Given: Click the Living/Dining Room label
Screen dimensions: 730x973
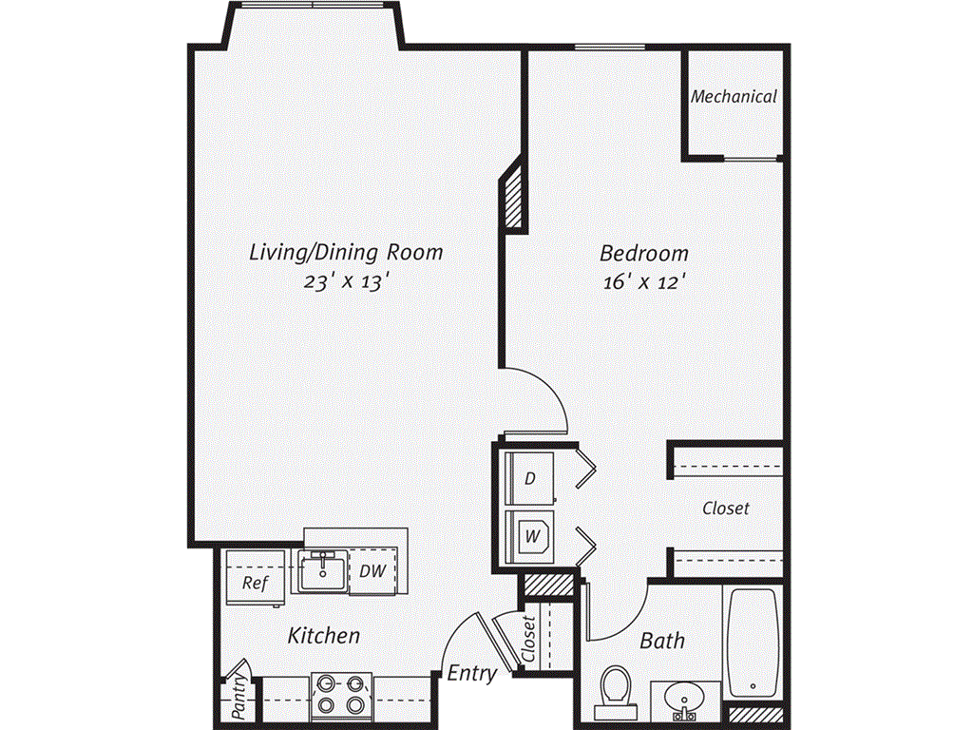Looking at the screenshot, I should (x=346, y=253).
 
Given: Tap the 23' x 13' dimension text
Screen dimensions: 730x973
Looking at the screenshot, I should (x=346, y=282).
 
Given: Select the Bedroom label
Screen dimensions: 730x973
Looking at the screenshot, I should (x=643, y=254).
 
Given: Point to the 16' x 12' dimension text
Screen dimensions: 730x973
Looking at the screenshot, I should (x=643, y=282).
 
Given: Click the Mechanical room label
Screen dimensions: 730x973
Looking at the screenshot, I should (x=734, y=96).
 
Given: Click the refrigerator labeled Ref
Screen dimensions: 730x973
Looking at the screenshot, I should (x=254, y=581).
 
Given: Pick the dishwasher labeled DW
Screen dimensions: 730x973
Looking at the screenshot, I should (x=371, y=571).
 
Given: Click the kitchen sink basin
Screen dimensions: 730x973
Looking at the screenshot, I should (x=323, y=572).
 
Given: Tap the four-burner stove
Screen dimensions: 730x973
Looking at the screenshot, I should (x=341, y=695).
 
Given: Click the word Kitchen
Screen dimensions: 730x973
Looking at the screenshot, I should (x=324, y=635).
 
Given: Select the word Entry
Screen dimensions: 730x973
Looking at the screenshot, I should (x=472, y=674).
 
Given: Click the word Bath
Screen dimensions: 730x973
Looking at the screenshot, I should (x=662, y=640).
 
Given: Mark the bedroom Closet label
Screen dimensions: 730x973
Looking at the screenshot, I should (x=726, y=509).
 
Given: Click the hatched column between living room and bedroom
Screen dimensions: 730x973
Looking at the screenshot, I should (x=514, y=197).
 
